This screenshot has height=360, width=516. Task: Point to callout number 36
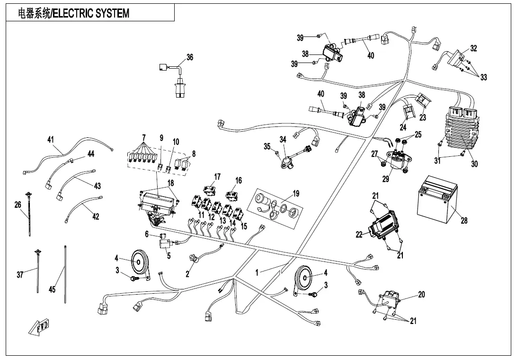point(190,57)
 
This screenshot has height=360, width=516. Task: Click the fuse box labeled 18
point(159,204)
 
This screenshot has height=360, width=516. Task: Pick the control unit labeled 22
point(384,225)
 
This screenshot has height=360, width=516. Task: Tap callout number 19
point(296,193)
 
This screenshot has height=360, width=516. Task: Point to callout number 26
point(18,205)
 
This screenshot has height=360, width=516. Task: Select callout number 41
point(50,140)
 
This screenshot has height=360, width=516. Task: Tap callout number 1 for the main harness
point(257,272)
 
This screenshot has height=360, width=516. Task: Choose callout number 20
point(421,294)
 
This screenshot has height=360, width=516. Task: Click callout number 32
point(473,48)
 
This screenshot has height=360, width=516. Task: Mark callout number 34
point(283,140)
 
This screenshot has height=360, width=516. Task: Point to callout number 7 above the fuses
point(143,137)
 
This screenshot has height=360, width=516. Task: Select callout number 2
point(187,274)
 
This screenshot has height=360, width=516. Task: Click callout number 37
point(20,274)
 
